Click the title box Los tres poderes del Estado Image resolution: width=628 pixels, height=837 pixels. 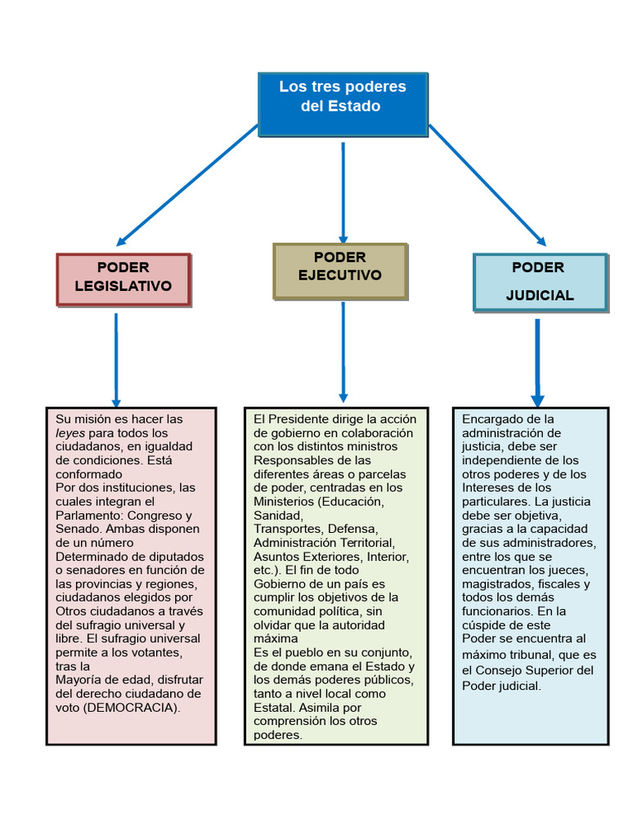[343, 105]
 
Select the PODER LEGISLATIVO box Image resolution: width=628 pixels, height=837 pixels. [123, 279]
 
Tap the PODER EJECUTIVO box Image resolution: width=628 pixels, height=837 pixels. [339, 269]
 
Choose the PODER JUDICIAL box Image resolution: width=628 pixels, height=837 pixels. [540, 282]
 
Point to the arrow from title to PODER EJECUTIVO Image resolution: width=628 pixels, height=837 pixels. [343, 192]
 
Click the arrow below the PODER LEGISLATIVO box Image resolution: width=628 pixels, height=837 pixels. [116, 360]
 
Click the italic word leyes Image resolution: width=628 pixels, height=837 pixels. [70, 432]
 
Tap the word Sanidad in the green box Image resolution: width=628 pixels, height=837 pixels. [277, 515]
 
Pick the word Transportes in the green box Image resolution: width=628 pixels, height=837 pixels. [287, 529]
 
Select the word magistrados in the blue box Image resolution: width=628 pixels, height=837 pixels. [496, 584]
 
